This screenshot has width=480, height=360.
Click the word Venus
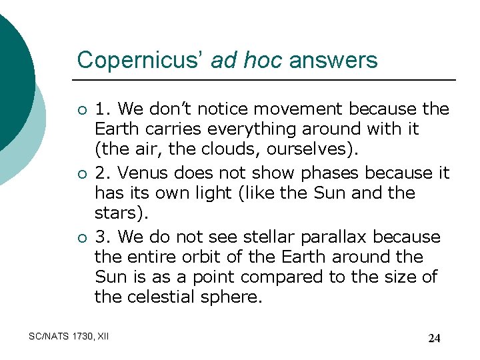(x=141, y=173)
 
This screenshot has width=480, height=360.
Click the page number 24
(x=434, y=338)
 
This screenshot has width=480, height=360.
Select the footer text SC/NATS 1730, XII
(x=69, y=337)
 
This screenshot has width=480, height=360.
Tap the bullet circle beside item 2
(x=81, y=174)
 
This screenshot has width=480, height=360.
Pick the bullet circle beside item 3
(x=81, y=238)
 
